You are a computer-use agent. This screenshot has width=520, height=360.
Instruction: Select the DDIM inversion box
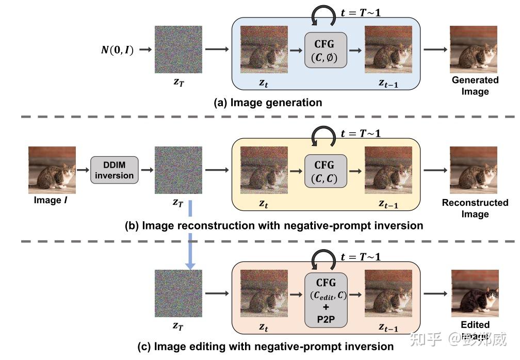coord(114,170)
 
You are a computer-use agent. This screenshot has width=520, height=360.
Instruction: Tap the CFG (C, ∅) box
coord(326,50)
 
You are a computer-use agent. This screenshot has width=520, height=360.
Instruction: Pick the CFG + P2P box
coord(326,300)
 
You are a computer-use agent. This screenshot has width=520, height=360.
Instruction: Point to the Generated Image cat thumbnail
coord(474,50)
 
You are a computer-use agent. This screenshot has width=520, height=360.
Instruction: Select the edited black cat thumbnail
coord(474,293)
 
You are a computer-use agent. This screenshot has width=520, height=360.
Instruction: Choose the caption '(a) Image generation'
coord(268,103)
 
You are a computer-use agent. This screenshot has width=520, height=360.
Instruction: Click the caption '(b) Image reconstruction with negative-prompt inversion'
coord(273,225)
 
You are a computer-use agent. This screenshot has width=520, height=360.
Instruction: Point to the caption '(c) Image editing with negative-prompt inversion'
coord(266,346)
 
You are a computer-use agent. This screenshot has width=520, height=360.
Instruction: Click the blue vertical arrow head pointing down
coord(190,265)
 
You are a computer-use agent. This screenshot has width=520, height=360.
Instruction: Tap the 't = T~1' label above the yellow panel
coord(361,133)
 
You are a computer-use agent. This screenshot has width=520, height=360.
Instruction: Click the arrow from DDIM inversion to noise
coord(147,170)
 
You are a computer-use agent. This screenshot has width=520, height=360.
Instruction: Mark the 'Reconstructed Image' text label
coord(475,208)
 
